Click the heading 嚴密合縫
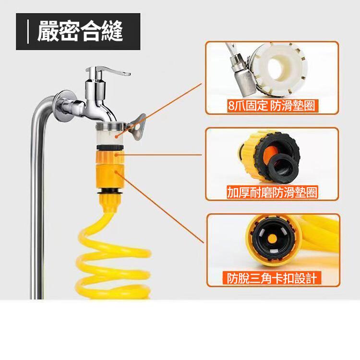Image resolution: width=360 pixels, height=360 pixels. point(80,31)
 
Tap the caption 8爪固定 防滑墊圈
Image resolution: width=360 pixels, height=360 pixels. point(271,106)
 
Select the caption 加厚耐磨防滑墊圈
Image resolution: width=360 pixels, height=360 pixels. point(272,192)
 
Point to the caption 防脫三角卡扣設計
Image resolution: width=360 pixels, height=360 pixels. point(272,278)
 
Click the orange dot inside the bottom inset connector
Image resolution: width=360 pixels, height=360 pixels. point(273,239)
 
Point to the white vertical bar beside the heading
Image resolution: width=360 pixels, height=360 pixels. point(28,32)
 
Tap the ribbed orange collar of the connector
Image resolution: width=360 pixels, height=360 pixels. point(110,156)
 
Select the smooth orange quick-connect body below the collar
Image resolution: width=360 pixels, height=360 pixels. point(110,175)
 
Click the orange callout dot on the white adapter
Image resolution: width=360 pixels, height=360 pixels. point(117,137)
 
